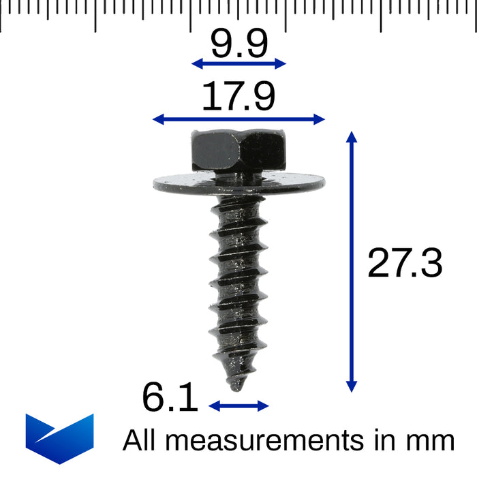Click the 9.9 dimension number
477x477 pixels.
[238, 44]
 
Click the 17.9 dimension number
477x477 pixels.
[238, 97]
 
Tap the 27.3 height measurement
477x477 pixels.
[405, 263]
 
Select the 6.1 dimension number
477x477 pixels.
[170, 398]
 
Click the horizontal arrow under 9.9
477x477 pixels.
[238, 63]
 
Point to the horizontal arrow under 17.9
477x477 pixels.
[238, 119]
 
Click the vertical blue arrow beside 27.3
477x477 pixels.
[352, 262]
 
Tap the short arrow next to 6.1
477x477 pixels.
[238, 406]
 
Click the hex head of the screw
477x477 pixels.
[238, 151]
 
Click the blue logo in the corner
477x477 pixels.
[59, 438]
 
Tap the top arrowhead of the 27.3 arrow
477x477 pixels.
[352, 136]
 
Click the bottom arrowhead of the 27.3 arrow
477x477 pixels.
[352, 386]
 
